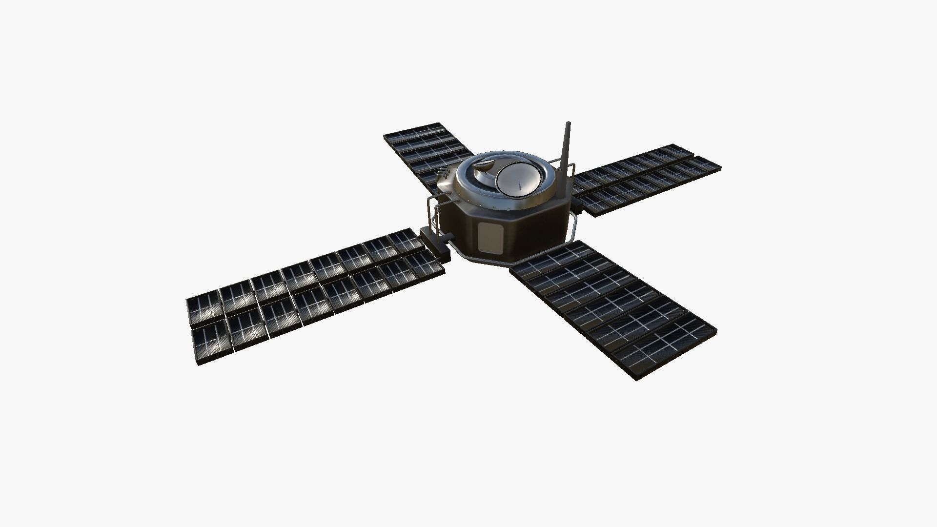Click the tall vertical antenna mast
click(x=566, y=156)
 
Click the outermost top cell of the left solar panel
click(x=204, y=309)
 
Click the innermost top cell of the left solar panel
click(x=404, y=241)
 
